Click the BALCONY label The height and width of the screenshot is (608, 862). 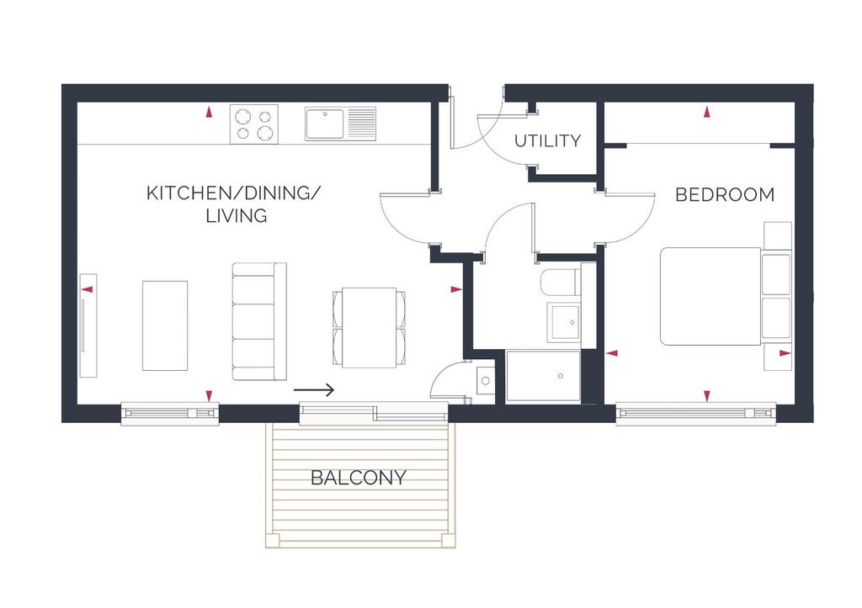359,478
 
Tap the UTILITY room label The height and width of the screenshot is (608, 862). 547,141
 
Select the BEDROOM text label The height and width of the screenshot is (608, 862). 725,194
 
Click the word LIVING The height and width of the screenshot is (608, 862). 237,215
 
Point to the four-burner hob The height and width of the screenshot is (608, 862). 254,124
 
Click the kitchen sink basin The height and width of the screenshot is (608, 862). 324,124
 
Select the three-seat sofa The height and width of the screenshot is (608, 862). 259,321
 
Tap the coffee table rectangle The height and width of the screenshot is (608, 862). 165,325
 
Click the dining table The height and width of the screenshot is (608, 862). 370,328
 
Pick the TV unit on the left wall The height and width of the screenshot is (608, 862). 88,325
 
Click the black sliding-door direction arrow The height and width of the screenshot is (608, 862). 314,390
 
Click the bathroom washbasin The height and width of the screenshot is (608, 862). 563,322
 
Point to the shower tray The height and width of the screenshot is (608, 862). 543,376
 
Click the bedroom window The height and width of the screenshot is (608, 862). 696,414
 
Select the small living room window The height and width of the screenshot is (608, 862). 170,414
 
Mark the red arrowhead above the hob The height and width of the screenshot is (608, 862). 209,113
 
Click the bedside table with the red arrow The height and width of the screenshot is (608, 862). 778,357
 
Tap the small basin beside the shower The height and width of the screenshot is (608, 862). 485,381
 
